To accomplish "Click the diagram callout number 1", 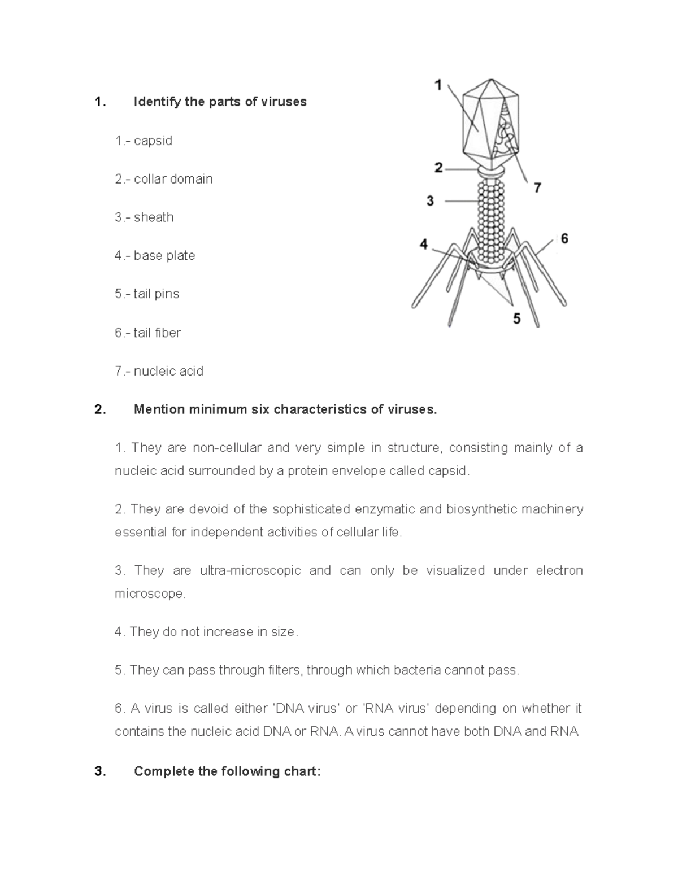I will click(438, 85).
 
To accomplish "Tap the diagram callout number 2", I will click(438, 168).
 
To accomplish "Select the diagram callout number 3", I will click(430, 200).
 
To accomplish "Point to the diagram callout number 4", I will click(424, 245).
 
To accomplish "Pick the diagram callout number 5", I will click(516, 319).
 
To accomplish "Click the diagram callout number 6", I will click(564, 238).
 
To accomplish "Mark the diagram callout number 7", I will click(537, 187).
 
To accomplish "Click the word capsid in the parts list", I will click(153, 141).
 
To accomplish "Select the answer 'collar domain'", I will click(173, 179).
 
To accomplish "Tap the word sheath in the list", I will click(154, 217).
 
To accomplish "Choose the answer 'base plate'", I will click(164, 256).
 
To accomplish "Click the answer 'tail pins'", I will click(157, 294).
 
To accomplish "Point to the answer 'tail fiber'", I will click(157, 333).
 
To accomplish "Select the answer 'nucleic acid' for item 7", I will click(168, 371).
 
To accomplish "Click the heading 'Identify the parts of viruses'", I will click(220, 102).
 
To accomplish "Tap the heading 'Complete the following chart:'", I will click(227, 771).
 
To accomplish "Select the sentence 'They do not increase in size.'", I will click(213, 632).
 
